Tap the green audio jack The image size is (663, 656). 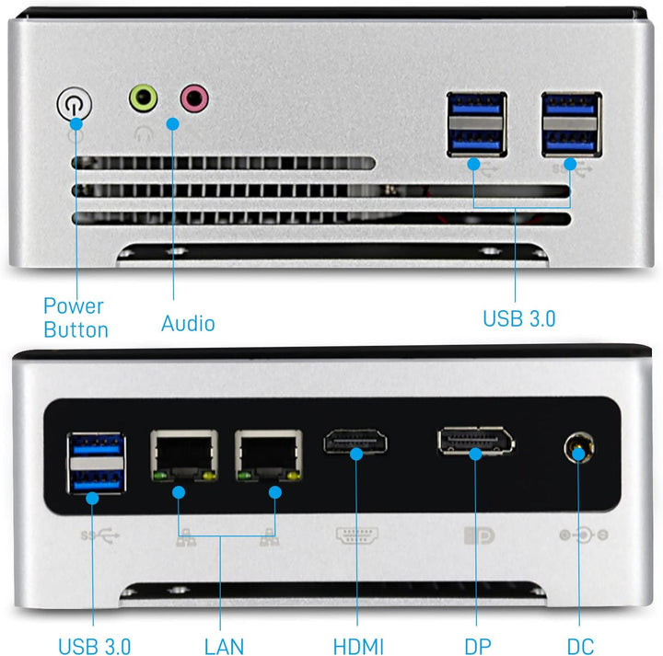pos(143,97)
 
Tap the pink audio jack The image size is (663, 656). pos(194,97)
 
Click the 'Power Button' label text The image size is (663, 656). pos(75,317)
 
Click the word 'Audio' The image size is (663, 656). pos(188,324)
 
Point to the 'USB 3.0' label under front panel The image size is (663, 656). pos(519,319)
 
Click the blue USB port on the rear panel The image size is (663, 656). pos(95,463)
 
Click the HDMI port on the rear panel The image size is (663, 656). pos(355,443)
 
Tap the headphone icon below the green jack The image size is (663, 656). pos(143,131)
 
